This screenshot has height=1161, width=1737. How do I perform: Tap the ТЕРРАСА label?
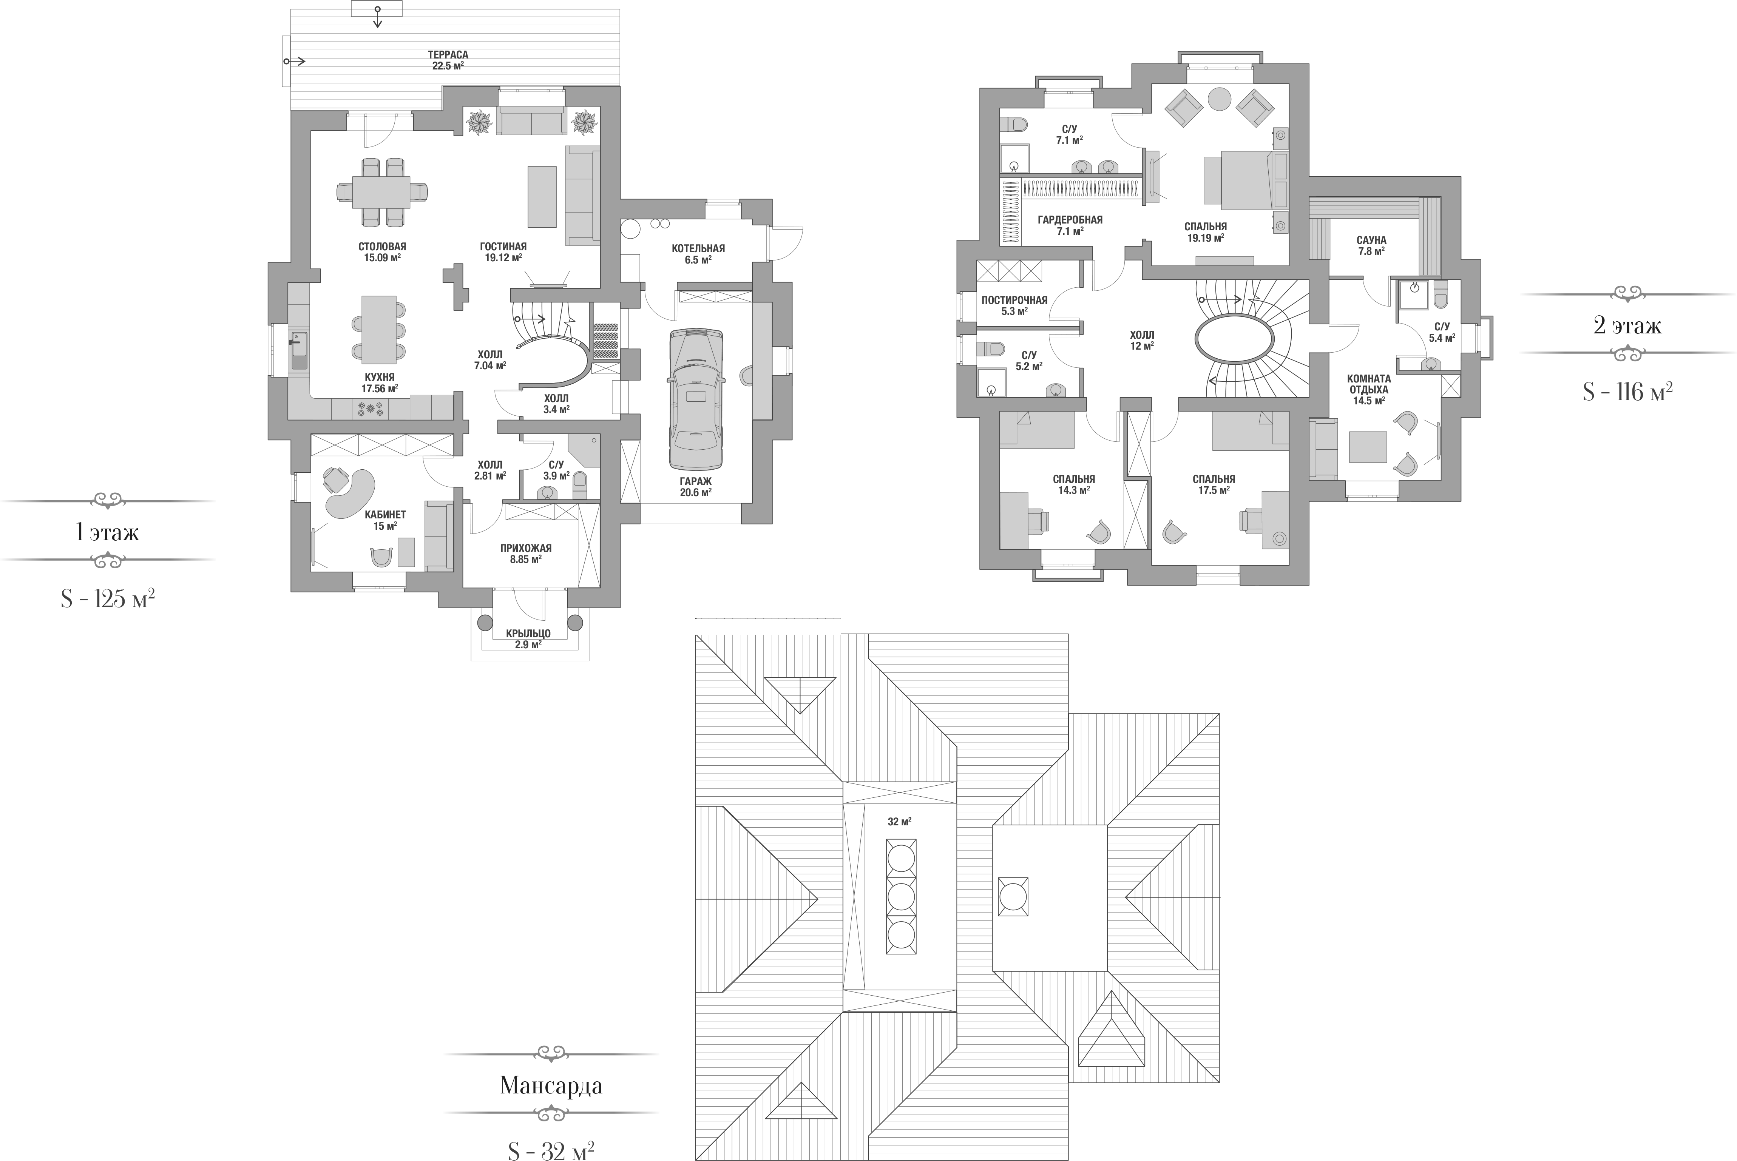pyautogui.click(x=448, y=55)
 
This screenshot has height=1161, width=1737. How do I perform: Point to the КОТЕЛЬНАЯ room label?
pyautogui.click(x=698, y=249)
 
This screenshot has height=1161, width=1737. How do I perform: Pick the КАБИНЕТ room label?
pyautogui.click(x=385, y=515)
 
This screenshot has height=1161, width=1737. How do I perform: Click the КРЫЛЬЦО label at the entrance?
pyautogui.click(x=528, y=634)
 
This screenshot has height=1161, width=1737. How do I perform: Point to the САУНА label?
pyautogui.click(x=1371, y=241)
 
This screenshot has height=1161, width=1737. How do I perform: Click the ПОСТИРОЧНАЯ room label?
pyautogui.click(x=1014, y=300)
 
